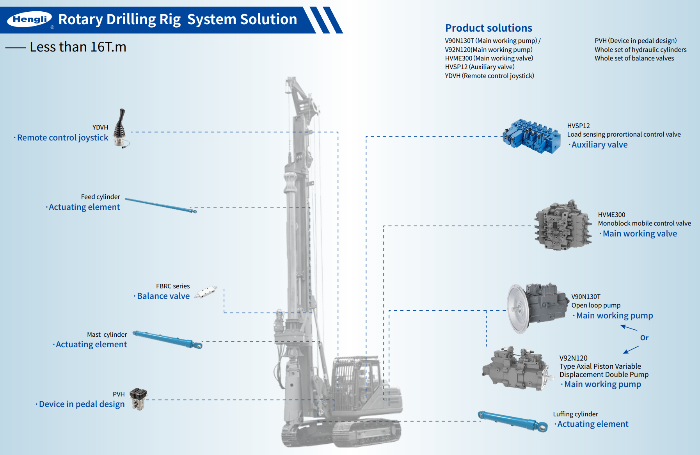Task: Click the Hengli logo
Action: [30, 19]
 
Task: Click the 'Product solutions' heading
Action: [489, 28]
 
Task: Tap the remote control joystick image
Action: [121, 128]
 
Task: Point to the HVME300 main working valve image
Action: [563, 226]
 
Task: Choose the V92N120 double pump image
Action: [517, 369]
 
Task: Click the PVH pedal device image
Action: [139, 398]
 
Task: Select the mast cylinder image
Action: [167, 339]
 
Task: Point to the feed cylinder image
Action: [160, 205]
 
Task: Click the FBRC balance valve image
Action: [206, 292]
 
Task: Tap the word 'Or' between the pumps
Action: [644, 338]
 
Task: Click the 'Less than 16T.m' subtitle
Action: [78, 47]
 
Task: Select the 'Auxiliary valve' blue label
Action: [599, 145]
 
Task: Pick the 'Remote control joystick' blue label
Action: [62, 138]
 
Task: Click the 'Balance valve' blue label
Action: [163, 296]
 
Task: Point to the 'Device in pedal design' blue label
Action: [82, 404]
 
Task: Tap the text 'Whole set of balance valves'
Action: [634, 59]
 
